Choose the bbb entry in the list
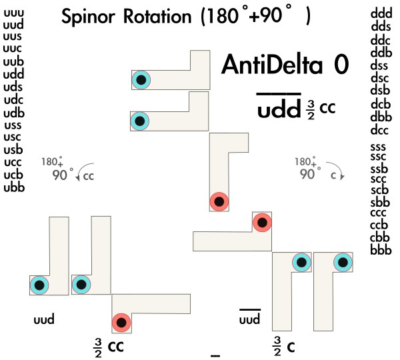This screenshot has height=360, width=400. click(x=380, y=250)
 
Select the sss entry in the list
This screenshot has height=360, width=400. click(x=380, y=146)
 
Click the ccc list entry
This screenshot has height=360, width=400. click(x=380, y=214)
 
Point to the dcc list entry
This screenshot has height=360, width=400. click(x=380, y=129)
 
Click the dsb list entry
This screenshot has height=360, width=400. click(x=380, y=91)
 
